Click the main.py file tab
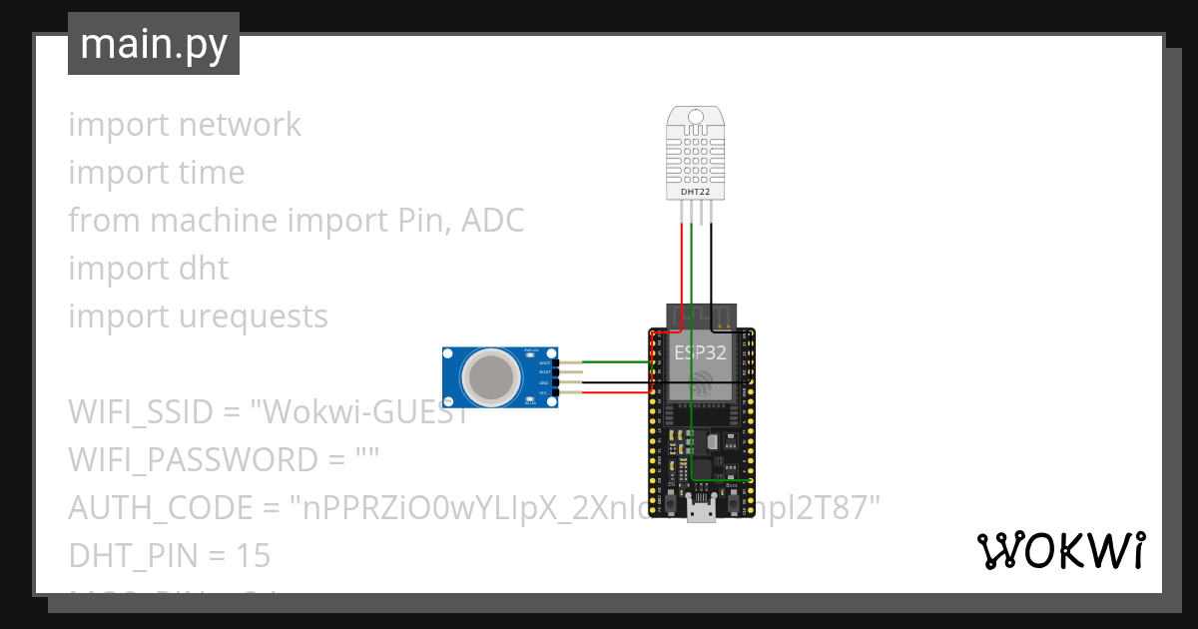click(154, 44)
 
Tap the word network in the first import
click(240, 125)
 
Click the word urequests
click(254, 316)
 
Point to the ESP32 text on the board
click(700, 351)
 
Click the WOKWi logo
click(1060, 550)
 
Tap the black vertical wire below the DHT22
click(711, 265)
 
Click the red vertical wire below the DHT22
click(682, 265)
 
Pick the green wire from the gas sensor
click(609, 362)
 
